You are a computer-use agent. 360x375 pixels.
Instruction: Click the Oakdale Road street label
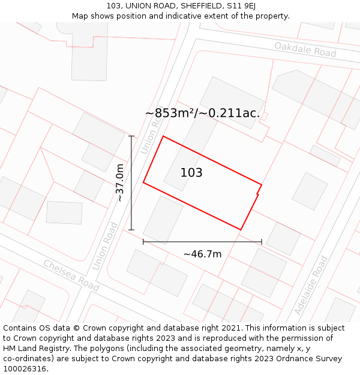click(x=305, y=49)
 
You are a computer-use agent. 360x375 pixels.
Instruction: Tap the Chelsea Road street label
click(x=71, y=276)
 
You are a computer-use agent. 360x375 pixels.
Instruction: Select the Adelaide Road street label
click(x=312, y=285)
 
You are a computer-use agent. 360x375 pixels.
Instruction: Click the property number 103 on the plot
click(x=191, y=173)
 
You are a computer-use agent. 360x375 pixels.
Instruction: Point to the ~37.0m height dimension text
click(x=120, y=182)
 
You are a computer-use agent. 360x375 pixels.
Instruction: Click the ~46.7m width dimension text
click(x=202, y=254)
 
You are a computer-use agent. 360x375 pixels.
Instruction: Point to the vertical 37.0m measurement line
click(x=131, y=183)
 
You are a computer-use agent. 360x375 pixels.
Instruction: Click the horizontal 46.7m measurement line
click(x=202, y=242)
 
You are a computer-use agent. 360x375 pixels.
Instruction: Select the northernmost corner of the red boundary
click(x=163, y=136)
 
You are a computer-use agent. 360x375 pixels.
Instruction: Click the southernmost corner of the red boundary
click(x=241, y=230)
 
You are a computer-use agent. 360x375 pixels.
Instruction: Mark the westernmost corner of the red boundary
click(x=143, y=182)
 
